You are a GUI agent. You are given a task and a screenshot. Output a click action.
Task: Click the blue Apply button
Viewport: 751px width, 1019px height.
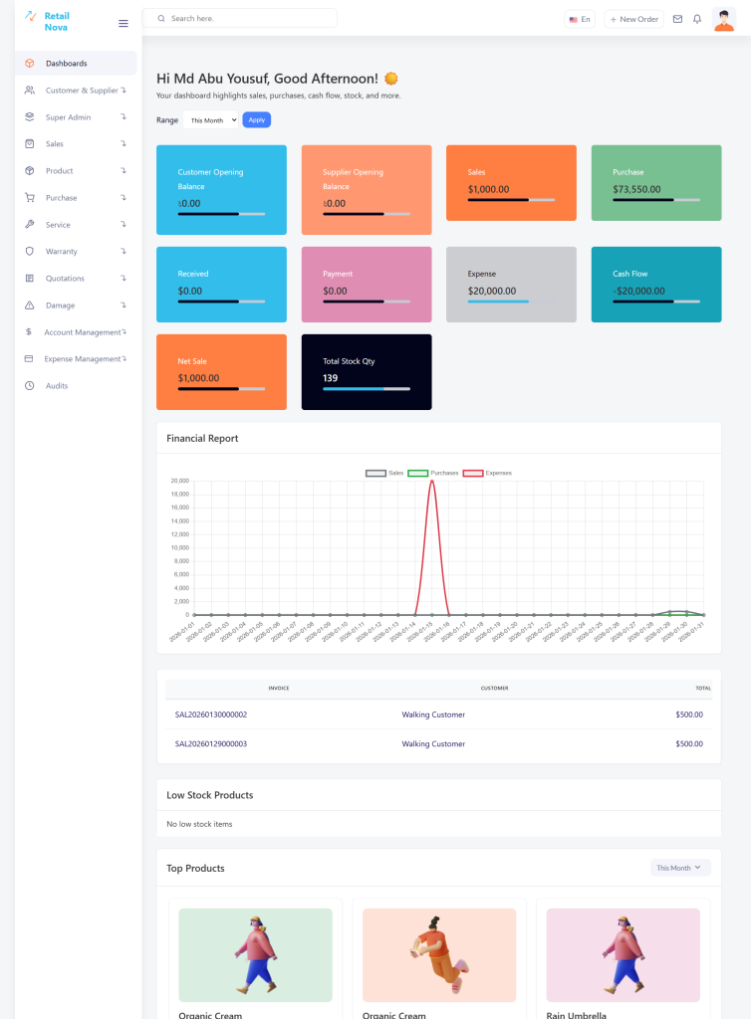click(256, 119)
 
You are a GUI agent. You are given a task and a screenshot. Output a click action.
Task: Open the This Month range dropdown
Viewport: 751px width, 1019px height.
click(211, 119)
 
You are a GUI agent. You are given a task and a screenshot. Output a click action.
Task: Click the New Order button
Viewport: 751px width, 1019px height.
click(634, 19)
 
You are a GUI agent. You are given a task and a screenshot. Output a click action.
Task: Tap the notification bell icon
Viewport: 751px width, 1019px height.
click(697, 19)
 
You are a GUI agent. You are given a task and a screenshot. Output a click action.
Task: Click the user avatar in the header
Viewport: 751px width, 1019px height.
click(724, 19)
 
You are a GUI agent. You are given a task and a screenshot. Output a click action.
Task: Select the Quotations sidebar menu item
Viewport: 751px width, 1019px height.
click(65, 279)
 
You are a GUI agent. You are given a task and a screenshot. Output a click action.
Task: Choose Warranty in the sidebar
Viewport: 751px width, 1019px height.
click(62, 252)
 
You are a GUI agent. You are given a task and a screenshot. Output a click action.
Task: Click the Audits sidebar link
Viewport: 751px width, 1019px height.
click(57, 386)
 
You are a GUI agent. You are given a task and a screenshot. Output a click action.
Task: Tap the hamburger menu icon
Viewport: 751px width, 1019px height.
click(124, 23)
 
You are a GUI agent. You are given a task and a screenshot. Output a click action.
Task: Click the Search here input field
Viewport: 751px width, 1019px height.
click(249, 19)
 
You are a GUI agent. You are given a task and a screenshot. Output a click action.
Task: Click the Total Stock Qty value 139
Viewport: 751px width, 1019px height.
click(331, 378)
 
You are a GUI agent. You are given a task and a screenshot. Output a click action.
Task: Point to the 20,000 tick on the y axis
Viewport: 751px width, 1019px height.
click(180, 481)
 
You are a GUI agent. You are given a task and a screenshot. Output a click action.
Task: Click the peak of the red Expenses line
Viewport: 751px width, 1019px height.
click(432, 482)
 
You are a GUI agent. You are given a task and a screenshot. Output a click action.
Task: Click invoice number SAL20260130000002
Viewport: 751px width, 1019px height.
click(211, 714)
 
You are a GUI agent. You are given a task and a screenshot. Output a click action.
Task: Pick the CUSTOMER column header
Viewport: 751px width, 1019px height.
click(494, 688)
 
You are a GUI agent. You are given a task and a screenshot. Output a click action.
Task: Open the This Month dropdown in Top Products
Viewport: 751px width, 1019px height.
click(680, 868)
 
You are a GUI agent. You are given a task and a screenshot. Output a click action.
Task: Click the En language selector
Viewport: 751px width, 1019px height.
click(579, 19)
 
